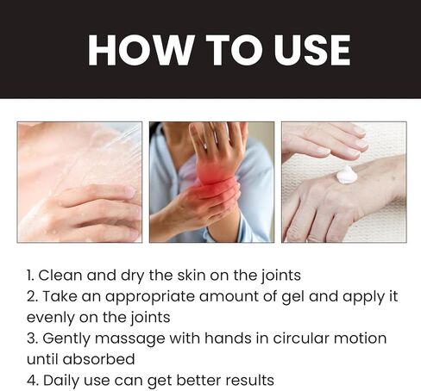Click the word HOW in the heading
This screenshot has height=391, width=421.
tap(140, 50)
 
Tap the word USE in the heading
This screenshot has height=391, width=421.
tap(312, 50)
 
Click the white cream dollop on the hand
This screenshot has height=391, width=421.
tap(347, 175)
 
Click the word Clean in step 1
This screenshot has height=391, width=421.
tap(60, 275)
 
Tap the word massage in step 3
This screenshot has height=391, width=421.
tap(129, 338)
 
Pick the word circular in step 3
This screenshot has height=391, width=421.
tap(301, 338)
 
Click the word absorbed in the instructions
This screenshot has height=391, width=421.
tap(98, 359)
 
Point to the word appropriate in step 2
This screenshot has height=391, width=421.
tap(149, 297)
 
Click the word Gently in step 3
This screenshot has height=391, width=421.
tap(66, 339)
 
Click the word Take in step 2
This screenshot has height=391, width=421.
tap(60, 296)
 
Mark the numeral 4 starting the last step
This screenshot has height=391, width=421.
tap(32, 381)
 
